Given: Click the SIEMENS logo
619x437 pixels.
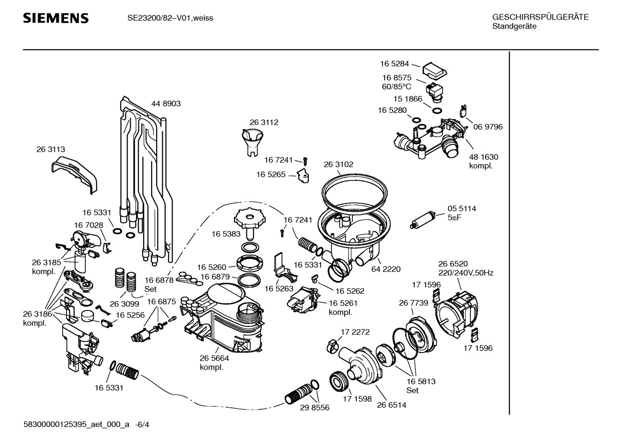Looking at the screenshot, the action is [56, 18].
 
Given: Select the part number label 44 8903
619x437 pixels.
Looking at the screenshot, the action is [166, 103].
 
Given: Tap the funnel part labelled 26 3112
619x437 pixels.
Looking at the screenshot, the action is [252, 142].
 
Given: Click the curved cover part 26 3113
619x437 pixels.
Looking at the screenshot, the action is [74, 175].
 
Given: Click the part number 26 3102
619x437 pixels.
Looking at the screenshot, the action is [339, 165].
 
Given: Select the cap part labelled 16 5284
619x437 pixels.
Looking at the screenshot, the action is [435, 71].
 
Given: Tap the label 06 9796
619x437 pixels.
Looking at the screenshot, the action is [488, 127].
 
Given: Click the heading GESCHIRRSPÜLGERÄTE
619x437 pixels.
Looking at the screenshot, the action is [540, 17].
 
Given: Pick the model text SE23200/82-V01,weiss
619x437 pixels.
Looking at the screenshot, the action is [170, 18].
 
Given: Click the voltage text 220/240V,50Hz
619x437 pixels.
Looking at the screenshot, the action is [466, 273].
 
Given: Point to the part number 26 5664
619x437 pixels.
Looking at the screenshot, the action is [215, 358].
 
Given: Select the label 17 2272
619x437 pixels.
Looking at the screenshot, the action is [355, 332].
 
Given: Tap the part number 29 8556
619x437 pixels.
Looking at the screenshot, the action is [315, 408].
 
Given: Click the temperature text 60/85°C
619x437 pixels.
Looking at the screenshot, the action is [397, 87].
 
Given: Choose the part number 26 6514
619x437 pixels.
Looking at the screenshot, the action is [391, 405].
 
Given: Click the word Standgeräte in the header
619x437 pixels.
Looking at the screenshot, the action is [514, 27].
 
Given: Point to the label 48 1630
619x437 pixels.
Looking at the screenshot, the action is [484, 157].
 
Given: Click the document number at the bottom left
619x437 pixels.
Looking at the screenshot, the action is [86, 424].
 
